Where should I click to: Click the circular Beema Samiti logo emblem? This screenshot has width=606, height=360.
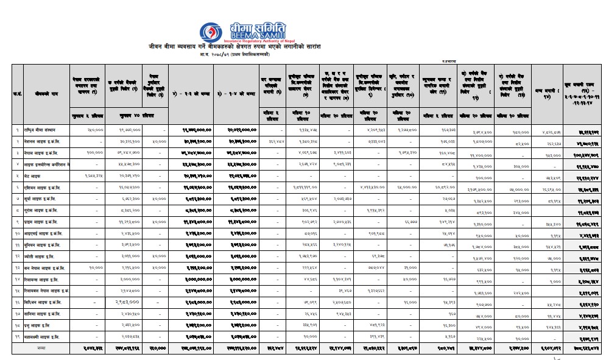tap(214, 30)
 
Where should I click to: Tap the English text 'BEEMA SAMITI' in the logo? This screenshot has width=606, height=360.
tap(257, 35)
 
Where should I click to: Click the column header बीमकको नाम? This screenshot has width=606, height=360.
tap(44, 94)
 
